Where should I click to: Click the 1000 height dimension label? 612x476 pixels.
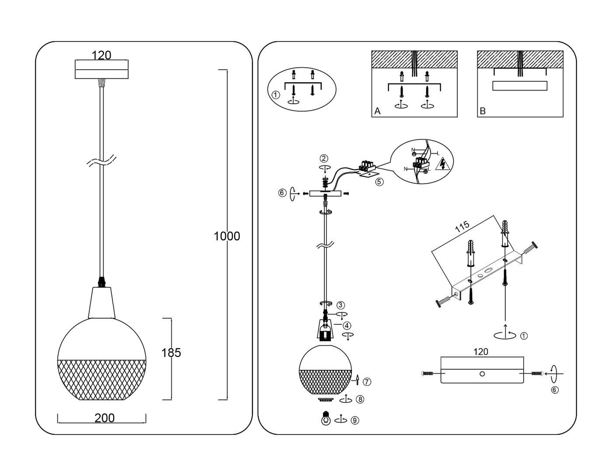226,236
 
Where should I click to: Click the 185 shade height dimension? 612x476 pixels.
171,353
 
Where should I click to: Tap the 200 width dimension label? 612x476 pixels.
104,418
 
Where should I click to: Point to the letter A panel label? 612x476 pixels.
377,111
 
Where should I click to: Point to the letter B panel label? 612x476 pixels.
483,111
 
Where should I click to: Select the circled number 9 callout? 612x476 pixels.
355,420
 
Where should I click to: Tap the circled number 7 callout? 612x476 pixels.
367,381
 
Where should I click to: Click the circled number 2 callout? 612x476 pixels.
323,158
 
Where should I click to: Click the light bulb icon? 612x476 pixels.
325,419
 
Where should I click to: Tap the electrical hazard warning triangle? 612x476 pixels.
444,164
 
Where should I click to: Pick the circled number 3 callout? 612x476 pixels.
341,305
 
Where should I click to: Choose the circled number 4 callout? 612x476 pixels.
346,325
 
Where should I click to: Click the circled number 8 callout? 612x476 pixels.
360,399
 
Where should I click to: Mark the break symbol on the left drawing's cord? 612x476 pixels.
101,161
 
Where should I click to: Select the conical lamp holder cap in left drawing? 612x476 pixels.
102,302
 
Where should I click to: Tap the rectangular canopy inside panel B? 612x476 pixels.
519,85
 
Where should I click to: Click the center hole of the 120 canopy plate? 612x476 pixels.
482,374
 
